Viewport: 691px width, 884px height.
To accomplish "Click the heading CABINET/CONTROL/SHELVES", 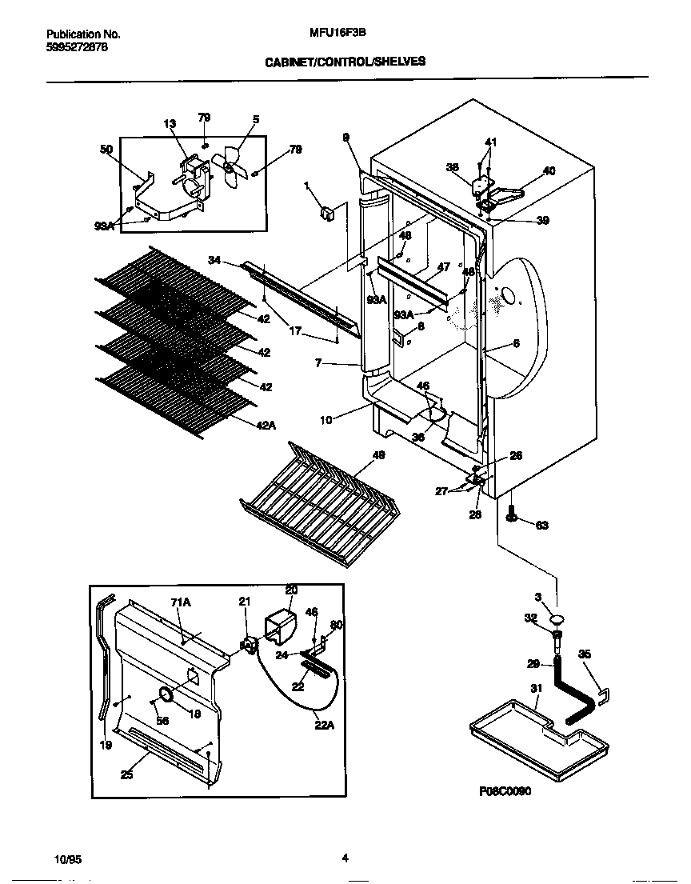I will click(x=345, y=61).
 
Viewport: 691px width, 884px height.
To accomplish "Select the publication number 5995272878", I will click(x=77, y=47).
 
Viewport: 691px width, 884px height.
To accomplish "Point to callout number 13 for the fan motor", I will click(x=169, y=124).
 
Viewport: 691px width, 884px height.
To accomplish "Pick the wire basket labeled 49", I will click(x=320, y=504).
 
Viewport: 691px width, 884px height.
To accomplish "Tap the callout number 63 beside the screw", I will click(x=541, y=525).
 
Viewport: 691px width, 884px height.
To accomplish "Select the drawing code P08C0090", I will click(x=505, y=790).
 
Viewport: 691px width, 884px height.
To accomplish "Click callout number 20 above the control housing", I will click(x=291, y=590).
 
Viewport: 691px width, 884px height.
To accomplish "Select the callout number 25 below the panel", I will click(x=127, y=773).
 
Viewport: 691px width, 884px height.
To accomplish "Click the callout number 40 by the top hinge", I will click(x=549, y=170).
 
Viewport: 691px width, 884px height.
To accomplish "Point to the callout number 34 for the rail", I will click(x=214, y=260).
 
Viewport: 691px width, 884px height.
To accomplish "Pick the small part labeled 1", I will click(x=326, y=213).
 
